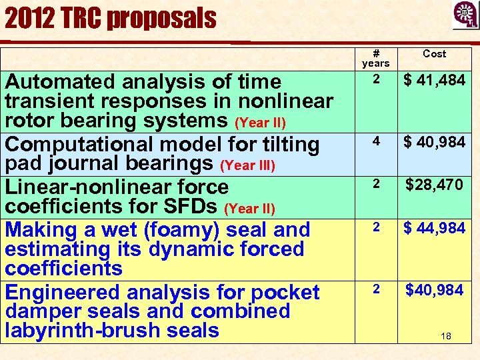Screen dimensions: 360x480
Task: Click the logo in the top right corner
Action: click(x=465, y=15)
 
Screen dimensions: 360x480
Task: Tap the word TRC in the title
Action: click(x=83, y=18)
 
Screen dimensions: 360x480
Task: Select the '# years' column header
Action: click(x=375, y=58)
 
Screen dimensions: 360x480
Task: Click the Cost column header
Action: click(x=435, y=53)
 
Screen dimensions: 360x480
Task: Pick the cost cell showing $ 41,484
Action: click(x=435, y=81)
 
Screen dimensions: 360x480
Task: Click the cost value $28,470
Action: click(x=435, y=185)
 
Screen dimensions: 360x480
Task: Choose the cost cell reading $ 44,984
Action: click(x=435, y=228)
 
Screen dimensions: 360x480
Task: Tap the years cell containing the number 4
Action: click(x=376, y=141)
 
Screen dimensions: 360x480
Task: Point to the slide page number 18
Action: click(x=446, y=336)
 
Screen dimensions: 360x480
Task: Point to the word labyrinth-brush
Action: click(x=69, y=331)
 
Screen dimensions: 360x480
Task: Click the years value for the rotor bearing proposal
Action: click(x=376, y=79)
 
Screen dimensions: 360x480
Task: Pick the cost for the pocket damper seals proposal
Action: click(x=435, y=290)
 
